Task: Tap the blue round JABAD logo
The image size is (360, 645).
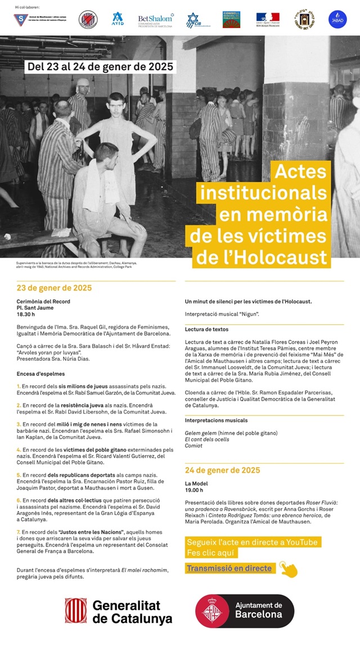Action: pyautogui.click(x=337, y=20)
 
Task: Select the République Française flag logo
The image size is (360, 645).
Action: pyautogui.click(x=268, y=20)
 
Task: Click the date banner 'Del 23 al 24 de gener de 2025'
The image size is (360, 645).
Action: pyautogui.click(x=101, y=66)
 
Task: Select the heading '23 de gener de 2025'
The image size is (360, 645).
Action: pyautogui.click(x=54, y=288)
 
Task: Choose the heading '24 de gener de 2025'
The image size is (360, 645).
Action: pyautogui.click(x=222, y=470)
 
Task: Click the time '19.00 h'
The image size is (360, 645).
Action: pyautogui.click(x=194, y=490)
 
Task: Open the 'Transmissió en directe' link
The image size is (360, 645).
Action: pyautogui.click(x=229, y=568)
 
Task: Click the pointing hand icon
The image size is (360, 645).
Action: pyautogui.click(x=287, y=569)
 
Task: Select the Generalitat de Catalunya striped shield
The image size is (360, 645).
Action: pyautogui.click(x=75, y=611)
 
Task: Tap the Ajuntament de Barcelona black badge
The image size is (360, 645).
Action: pyautogui.click(x=244, y=611)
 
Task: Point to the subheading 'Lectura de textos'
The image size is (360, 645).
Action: pyautogui.click(x=206, y=329)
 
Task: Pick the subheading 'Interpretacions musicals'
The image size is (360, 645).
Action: pyautogui.click(x=216, y=420)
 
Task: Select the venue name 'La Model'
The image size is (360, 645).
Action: pyautogui.click(x=196, y=483)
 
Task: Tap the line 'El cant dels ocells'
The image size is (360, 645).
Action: pyautogui.click(x=206, y=439)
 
